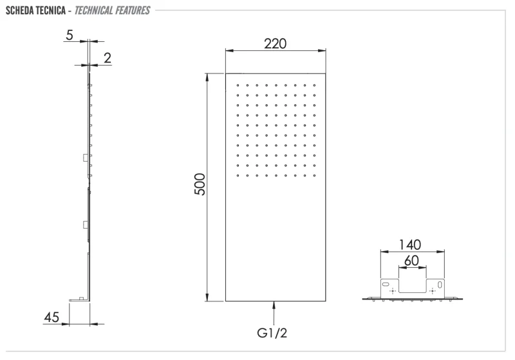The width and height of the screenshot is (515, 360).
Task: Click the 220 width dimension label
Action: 275,43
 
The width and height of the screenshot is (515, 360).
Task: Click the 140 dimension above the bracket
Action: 409,245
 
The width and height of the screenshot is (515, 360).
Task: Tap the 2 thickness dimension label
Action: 107,58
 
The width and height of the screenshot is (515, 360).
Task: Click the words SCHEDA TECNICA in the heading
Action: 33,10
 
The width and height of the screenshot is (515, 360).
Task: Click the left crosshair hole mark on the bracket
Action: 393,291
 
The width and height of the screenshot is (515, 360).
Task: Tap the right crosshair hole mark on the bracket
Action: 433,291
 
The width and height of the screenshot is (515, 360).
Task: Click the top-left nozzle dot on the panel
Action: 238,85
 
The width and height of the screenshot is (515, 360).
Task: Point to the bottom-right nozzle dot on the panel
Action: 315,174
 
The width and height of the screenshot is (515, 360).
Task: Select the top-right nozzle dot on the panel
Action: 315,85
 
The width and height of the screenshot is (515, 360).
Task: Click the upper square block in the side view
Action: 85,157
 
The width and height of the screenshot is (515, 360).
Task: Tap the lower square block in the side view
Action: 85,224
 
